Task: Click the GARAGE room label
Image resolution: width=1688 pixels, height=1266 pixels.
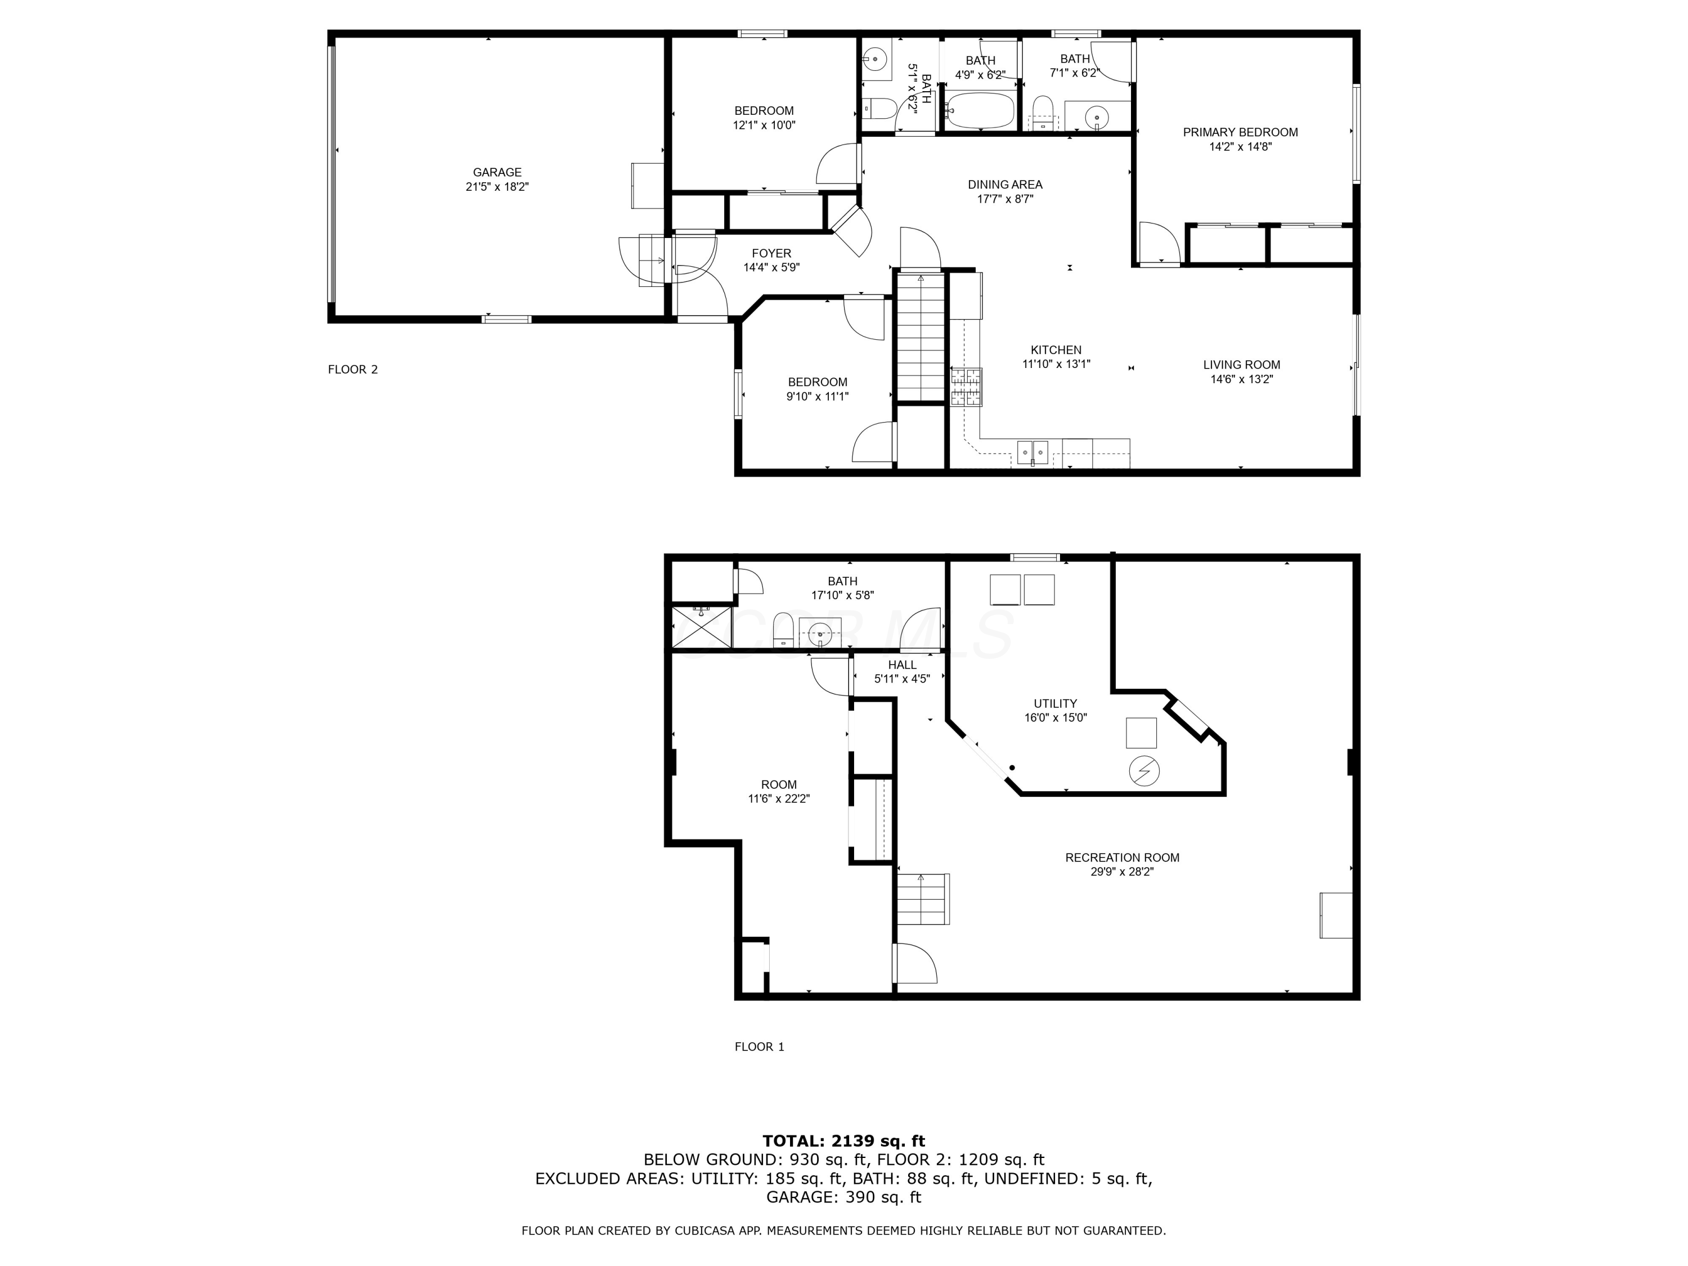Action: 497,173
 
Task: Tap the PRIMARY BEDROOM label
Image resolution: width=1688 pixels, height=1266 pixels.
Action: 1240,132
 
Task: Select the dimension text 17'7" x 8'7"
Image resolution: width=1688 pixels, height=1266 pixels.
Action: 1004,199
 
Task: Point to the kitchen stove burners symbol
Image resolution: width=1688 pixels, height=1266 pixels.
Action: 966,387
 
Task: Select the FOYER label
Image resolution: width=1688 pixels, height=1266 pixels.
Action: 771,253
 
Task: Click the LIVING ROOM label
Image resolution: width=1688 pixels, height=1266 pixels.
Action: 1242,365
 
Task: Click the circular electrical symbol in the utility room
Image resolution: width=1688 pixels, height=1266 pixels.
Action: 1144,771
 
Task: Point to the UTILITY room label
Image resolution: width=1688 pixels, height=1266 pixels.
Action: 1056,703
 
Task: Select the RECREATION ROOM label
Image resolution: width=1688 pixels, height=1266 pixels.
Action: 1122,858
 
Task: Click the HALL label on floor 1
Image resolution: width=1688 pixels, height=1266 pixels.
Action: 902,665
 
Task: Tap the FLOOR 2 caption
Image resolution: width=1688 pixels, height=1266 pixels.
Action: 353,369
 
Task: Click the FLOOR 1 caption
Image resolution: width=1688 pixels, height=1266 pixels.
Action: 759,1046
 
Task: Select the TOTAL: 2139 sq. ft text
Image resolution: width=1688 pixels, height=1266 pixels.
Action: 843,1141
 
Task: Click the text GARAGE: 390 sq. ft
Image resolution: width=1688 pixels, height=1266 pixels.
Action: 843,1197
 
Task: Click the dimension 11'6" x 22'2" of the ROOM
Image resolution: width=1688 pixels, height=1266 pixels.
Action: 778,799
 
